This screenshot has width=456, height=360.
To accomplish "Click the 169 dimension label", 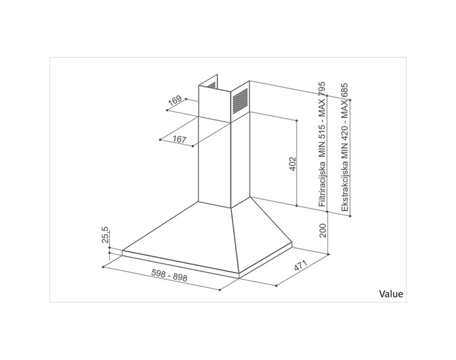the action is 175,100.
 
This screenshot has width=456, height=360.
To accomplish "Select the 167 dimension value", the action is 179,139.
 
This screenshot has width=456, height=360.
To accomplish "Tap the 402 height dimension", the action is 293,164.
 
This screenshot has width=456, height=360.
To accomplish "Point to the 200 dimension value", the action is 323,230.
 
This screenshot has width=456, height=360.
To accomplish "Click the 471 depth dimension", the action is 301,265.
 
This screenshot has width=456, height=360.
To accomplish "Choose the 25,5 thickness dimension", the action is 105,235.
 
